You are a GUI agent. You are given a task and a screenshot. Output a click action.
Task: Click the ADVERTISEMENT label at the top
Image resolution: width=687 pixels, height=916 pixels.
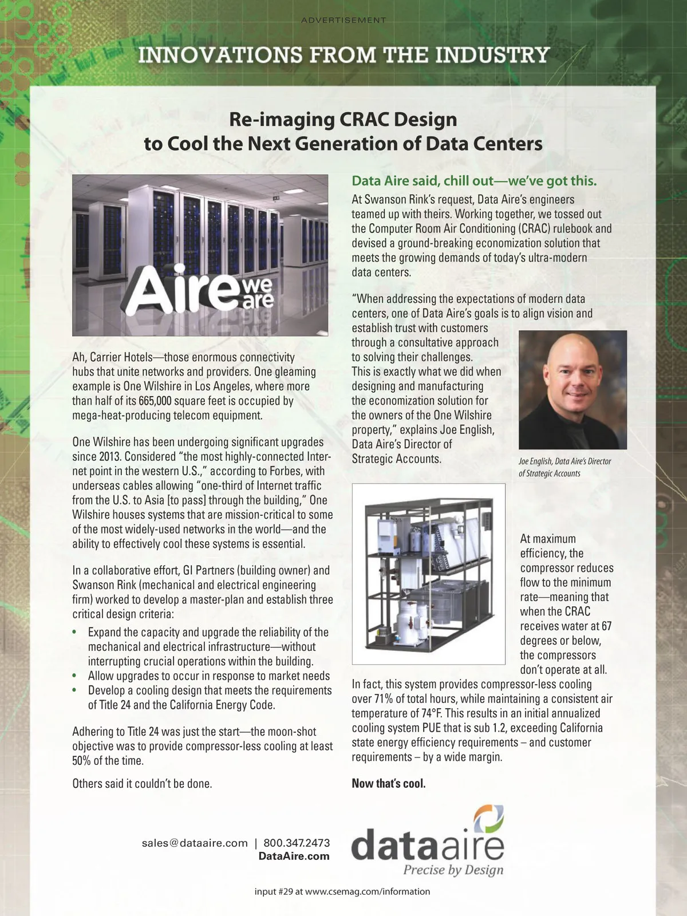pos(343,21)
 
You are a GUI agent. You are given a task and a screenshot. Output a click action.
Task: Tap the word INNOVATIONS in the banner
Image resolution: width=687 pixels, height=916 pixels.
pos(212,56)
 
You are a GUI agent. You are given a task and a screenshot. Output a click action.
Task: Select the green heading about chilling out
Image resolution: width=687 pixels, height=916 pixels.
pos(474,181)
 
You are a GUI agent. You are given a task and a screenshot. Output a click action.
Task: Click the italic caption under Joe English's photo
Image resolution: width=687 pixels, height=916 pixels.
pos(564,467)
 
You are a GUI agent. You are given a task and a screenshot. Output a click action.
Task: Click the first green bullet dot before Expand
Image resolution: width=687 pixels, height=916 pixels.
pos(74,633)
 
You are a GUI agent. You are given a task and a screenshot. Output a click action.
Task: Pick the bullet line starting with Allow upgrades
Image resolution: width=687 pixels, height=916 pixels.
pos(209,676)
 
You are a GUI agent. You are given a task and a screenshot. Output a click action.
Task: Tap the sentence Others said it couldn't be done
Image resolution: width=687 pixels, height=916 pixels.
pos(142,783)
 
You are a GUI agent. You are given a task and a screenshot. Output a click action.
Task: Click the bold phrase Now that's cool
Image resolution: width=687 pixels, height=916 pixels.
pos(389,783)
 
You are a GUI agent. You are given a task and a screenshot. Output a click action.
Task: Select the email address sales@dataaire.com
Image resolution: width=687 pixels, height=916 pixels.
pos(195,843)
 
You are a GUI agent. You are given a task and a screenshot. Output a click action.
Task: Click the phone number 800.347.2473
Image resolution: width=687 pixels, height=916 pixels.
pos(297,843)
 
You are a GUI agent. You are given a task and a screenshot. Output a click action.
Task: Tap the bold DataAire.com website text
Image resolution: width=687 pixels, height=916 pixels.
pos(294,856)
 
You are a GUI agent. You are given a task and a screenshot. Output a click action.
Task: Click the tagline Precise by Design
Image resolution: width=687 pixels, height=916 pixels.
pos(453,870)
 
